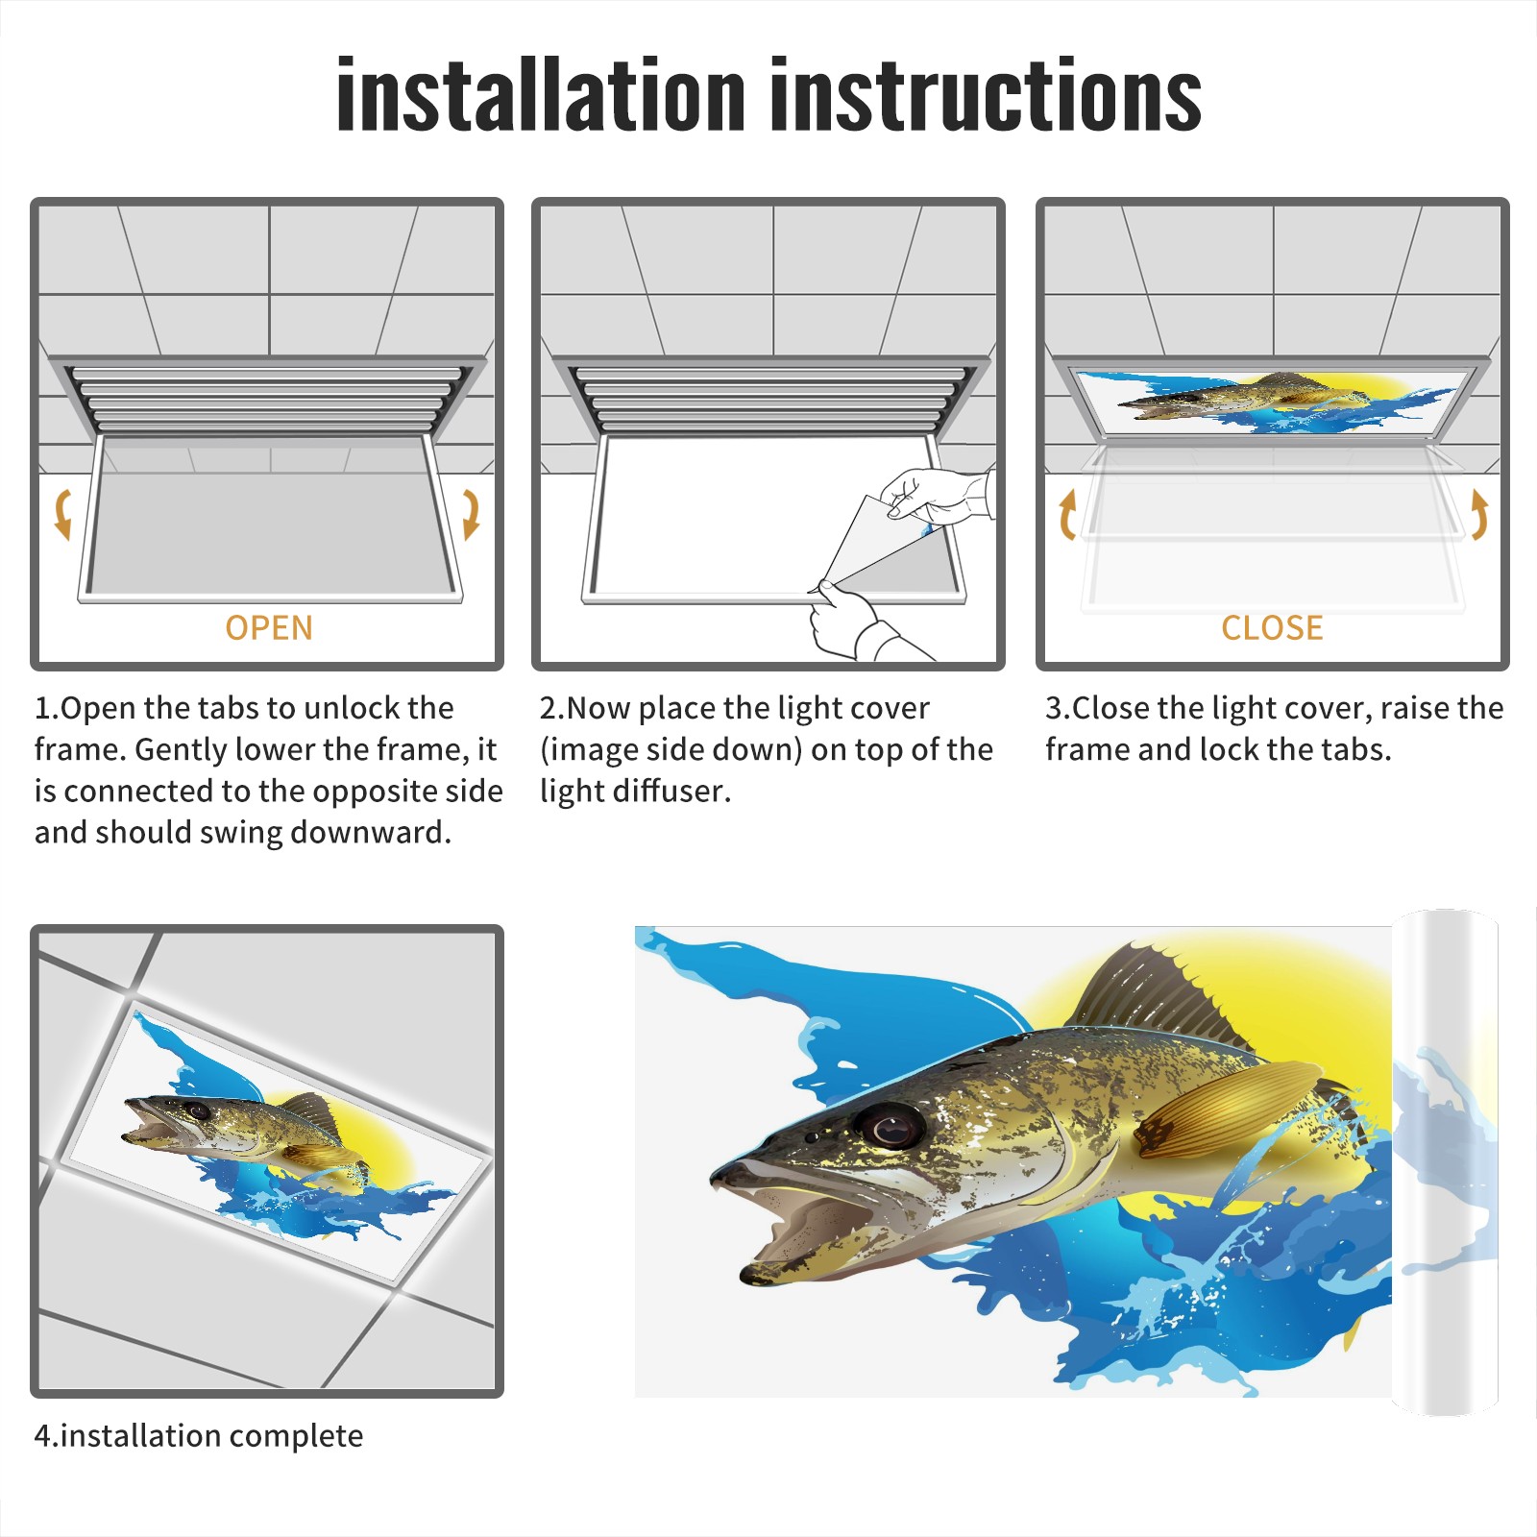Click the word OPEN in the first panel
[269, 628]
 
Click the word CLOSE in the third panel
[1272, 628]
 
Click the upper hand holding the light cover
[937, 496]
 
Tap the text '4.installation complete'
[199, 1435]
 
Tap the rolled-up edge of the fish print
[1445, 1162]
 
